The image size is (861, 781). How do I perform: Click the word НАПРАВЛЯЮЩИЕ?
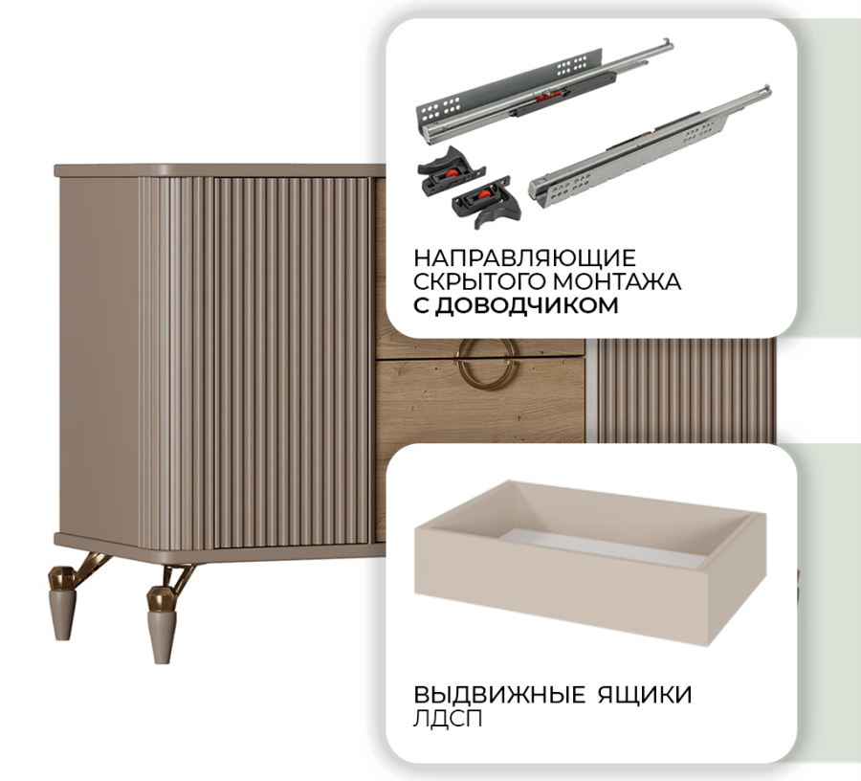point(524,257)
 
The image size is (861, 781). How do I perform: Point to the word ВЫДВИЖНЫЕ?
point(499,695)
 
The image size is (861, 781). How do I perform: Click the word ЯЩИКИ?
point(645,695)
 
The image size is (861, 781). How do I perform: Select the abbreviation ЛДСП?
point(448,719)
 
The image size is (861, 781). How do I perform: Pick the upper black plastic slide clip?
point(450,169)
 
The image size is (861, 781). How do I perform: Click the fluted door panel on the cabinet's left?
point(291,363)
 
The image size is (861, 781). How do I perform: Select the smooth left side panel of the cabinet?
point(99,354)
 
